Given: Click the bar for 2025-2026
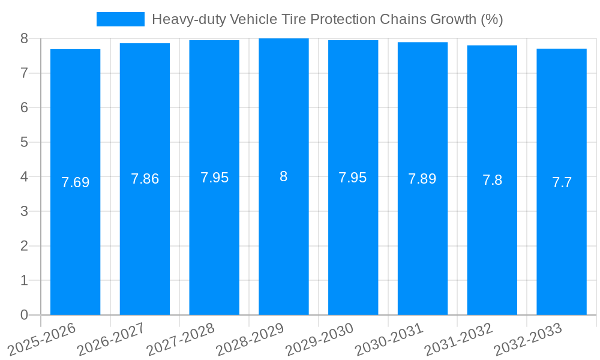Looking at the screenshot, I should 75,240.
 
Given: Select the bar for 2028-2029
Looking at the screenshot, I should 284,240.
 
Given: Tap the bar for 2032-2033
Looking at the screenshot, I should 562,240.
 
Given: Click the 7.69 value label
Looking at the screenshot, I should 75,182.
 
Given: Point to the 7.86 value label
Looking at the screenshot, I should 145,179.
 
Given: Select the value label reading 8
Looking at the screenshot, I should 284,176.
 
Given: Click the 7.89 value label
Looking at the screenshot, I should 422,179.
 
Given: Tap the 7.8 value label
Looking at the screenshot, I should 492,180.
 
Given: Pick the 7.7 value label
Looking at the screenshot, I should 562,182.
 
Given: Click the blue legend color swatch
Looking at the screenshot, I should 121,19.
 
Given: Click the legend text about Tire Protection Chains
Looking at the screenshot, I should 327,19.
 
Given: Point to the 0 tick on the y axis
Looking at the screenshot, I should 24,315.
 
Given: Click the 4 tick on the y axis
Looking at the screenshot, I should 24,177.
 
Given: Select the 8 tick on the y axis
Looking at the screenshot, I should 24,38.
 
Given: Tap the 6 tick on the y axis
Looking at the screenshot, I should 24,107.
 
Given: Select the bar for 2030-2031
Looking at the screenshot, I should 422,240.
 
